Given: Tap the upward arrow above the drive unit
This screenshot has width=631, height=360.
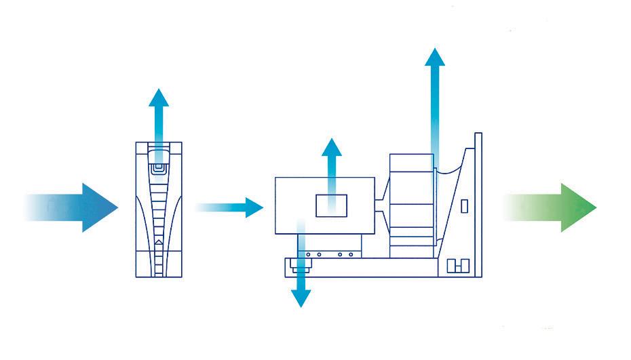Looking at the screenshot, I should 159,115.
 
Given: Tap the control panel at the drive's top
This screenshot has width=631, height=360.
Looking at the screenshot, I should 159,163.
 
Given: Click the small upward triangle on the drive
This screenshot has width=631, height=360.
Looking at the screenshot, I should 158,241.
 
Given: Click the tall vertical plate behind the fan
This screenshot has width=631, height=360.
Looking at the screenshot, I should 478,203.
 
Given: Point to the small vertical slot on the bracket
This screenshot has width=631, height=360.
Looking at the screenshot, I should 464,205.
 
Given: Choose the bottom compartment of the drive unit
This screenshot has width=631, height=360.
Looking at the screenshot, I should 159,264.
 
